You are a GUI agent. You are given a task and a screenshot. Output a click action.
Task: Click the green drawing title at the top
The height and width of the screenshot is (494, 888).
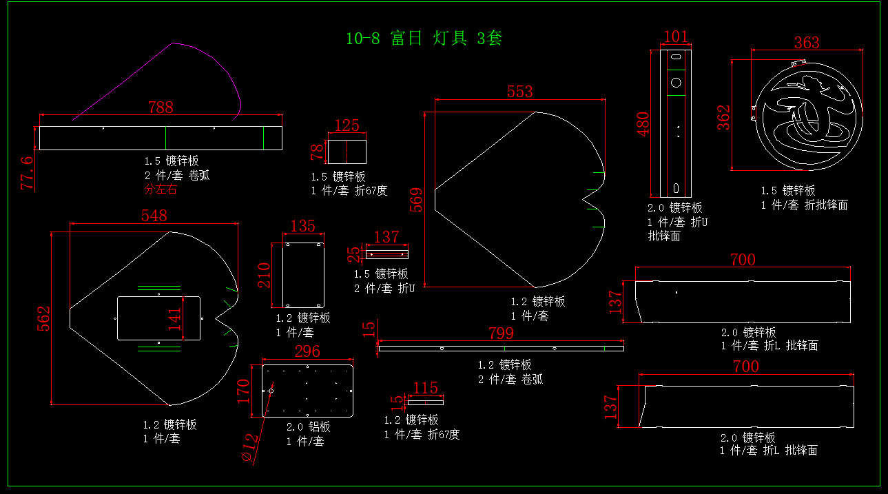tap(424, 38)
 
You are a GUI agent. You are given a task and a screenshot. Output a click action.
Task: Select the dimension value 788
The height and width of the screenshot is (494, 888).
tap(161, 107)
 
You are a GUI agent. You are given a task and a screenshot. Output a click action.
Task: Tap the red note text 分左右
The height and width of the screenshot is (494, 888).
tap(161, 189)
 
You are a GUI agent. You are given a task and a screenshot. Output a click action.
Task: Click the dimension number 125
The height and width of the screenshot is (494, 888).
tap(347, 125)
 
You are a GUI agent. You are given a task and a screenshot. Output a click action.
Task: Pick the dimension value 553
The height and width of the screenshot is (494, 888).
tap(520, 92)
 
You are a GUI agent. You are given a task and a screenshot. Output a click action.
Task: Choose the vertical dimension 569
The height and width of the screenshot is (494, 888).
tap(417, 200)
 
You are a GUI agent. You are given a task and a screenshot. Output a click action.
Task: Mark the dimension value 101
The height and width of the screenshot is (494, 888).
tap(676, 37)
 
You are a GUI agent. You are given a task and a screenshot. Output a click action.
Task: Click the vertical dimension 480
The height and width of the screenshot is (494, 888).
tap(643, 124)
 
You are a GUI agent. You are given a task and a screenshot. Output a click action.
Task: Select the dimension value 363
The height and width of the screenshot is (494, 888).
tap(807, 43)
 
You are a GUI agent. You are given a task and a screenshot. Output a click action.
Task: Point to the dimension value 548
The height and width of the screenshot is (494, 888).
tap(154, 216)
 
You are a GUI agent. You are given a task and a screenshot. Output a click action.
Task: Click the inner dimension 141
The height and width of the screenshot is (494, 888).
tap(175, 319)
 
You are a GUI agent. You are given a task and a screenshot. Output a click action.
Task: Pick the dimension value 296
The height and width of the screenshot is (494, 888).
tap(307, 351)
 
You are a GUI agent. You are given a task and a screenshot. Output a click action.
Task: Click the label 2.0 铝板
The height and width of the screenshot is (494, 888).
tap(308, 426)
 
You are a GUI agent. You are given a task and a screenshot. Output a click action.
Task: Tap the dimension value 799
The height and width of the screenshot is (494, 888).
tap(501, 333)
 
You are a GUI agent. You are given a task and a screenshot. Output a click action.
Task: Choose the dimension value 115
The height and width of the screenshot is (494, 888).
tap(425, 388)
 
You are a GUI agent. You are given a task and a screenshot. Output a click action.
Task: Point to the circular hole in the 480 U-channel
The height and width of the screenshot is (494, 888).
tap(676, 82)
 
